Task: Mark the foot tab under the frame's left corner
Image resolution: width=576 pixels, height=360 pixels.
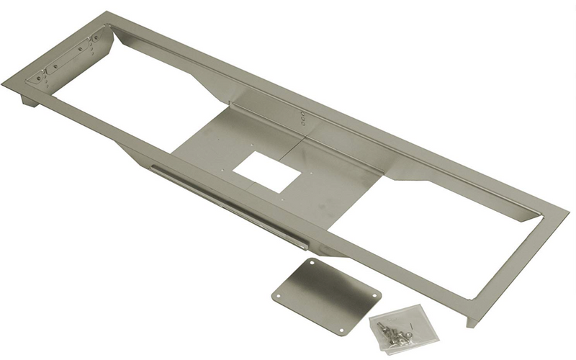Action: click(29, 100)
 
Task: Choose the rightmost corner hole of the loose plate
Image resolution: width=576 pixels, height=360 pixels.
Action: click(374, 293)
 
